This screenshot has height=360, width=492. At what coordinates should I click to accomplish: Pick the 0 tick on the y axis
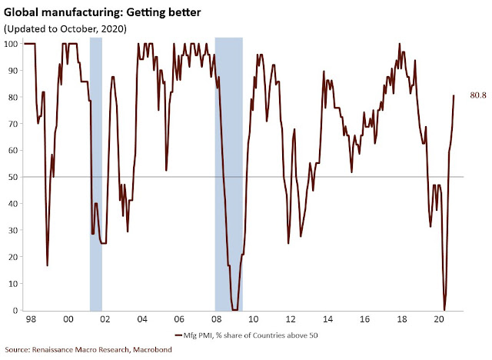pos(15,310)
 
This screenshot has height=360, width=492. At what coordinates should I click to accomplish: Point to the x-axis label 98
pos(32,318)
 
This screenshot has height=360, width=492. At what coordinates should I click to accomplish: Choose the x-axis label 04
pos(141,318)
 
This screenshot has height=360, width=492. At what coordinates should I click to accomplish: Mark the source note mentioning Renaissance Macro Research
pos(86,352)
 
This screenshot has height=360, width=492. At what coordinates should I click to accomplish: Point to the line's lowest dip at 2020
pos(444,308)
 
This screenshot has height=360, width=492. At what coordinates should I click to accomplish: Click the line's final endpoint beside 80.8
pos(454,96)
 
